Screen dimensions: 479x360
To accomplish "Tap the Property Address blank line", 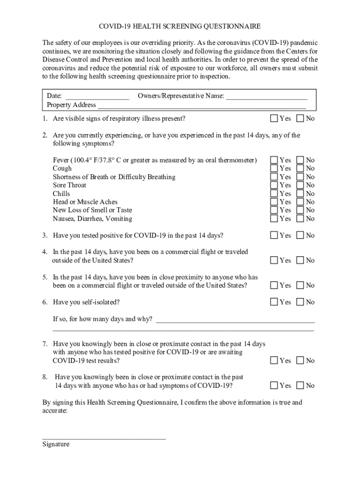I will pos(201,106).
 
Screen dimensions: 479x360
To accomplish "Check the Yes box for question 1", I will pos(274,118).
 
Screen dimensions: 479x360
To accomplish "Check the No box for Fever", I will pos(300,160).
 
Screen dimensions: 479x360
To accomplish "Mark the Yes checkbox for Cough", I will pos(274,168).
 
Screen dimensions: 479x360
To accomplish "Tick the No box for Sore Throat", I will pos(300,185).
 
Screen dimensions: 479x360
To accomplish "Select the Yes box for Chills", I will pos(274,194).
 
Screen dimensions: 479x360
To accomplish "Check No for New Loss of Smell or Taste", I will pos(300,210).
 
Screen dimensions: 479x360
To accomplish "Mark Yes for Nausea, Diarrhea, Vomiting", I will pos(274,218).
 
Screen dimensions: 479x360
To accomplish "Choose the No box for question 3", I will pos(300,235).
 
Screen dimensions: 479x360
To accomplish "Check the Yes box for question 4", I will pos(274,260).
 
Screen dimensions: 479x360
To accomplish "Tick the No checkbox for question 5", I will pos(300,285).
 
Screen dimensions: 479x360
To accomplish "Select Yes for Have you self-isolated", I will pos(274,302).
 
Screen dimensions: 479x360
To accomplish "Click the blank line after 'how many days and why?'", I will pos(235,321).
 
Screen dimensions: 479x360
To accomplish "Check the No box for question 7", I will pos(300,360).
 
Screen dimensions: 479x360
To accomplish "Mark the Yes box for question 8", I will pos(274,385).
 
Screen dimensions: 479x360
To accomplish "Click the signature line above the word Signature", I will pos(104,438).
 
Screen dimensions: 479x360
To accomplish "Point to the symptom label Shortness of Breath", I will pos(114,177).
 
